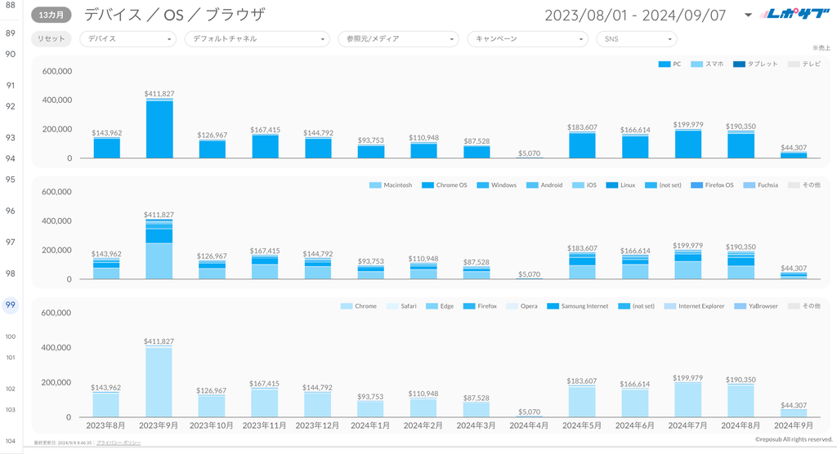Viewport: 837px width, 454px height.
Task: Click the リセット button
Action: [51, 38]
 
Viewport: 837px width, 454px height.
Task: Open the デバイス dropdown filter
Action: [128, 38]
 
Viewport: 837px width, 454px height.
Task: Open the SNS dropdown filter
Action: [636, 38]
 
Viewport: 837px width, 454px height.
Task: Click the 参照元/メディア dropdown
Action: [397, 38]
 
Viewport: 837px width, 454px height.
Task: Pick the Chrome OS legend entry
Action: [447, 185]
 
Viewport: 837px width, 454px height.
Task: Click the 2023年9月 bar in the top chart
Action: [159, 129]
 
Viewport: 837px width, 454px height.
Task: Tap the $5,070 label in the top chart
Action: [529, 153]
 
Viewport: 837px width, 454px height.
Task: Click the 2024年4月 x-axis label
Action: [529, 425]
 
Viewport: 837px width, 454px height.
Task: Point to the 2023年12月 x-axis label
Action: [318, 425]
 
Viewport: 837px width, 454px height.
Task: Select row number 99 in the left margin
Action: [11, 305]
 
